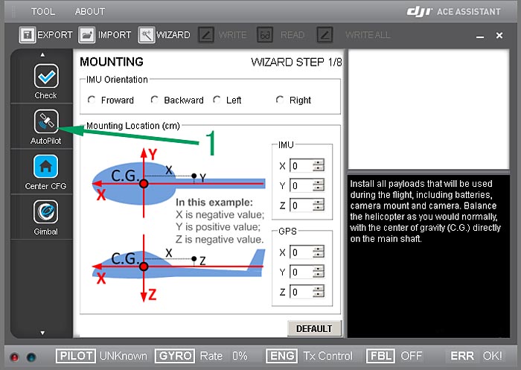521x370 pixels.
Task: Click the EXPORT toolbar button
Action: (46, 35)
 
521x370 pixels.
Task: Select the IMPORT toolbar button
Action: (105, 35)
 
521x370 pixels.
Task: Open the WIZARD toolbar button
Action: (164, 35)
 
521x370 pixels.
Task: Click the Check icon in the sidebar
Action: (46, 76)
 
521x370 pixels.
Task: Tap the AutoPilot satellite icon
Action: (46, 121)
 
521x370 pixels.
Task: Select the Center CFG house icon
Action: (46, 167)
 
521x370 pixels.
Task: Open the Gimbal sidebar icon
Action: (46, 211)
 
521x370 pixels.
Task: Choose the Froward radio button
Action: (92, 100)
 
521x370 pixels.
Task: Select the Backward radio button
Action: (154, 100)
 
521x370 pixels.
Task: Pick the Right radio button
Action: (280, 100)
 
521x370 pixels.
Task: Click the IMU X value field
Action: (301, 165)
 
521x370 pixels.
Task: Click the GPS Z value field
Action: (301, 292)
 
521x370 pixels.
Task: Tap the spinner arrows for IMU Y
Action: (319, 185)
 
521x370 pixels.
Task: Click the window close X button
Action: (499, 35)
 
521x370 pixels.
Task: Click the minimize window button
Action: (480, 36)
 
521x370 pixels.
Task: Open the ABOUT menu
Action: (90, 12)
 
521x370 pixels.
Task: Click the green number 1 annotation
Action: (211, 143)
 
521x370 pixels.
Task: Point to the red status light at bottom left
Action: (15, 357)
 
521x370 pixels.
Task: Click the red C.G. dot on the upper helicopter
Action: (144, 183)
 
